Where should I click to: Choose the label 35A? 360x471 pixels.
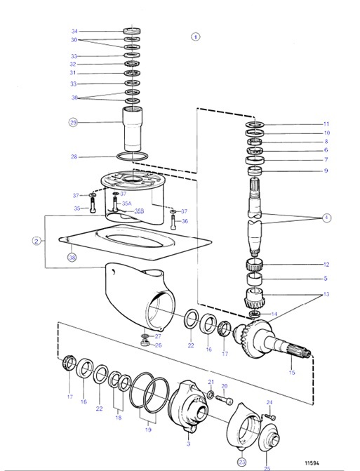coord(127,204)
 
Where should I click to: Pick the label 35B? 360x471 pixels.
coord(139,210)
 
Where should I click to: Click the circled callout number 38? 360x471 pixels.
coord(72,258)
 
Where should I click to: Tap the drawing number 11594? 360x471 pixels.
coord(314,463)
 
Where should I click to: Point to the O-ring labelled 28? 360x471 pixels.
coord(133,157)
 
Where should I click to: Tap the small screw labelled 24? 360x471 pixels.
coord(272,417)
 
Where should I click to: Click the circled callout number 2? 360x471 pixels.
coord(36,241)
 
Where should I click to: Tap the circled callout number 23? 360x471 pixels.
coord(242,462)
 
